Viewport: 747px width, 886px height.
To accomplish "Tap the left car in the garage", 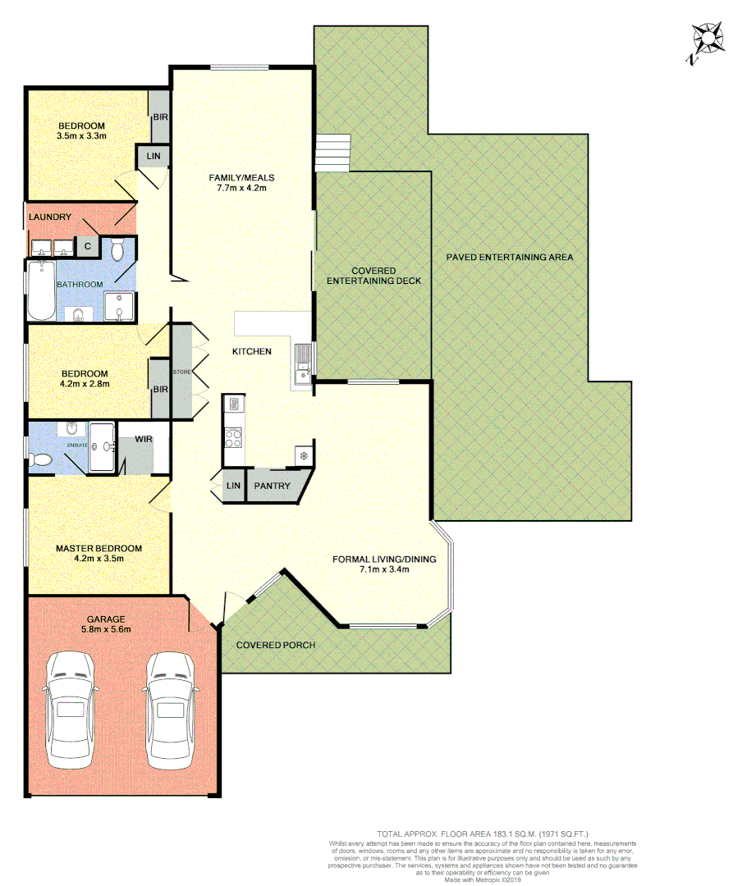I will tap(72, 710).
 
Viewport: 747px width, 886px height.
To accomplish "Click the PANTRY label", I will tap(272, 486).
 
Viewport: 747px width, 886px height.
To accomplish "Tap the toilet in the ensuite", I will tap(39, 460).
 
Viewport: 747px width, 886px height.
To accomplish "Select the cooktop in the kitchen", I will tap(233, 438).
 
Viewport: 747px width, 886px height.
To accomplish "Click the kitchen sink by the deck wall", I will tap(302, 364).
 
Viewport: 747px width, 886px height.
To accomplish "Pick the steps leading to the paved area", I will tap(332, 153).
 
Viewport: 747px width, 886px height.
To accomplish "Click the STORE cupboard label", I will tap(181, 372).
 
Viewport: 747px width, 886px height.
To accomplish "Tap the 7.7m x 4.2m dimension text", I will tap(241, 189).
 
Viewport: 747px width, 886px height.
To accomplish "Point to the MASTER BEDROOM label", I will tap(99, 549).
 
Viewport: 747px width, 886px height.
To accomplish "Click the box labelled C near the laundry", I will tap(87, 244).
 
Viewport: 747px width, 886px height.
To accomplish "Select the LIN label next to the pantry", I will tap(234, 486).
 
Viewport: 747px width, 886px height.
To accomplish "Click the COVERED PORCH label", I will tap(275, 645).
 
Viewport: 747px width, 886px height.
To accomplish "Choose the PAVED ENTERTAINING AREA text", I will tap(510, 257).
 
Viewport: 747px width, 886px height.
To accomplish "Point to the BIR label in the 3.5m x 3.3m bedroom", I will tap(159, 117).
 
